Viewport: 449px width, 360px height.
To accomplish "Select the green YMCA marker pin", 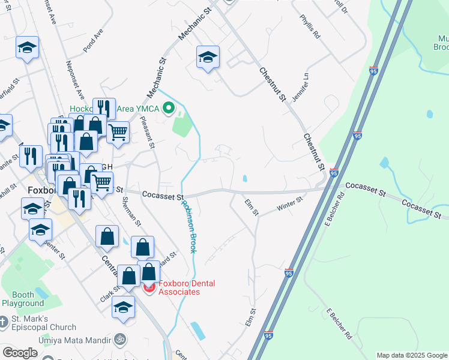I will coord(169,109).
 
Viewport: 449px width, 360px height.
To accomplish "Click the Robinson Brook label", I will coord(189,226).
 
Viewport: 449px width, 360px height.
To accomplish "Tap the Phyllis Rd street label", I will coord(311,28).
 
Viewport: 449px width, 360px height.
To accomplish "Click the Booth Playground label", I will coord(23,299).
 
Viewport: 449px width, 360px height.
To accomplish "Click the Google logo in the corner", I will coord(20,353).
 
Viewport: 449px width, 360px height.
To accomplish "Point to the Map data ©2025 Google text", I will coord(411,355).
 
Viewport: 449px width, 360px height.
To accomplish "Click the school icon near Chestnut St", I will coord(208,57).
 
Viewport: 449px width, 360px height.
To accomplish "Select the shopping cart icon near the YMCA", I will coord(118,131).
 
